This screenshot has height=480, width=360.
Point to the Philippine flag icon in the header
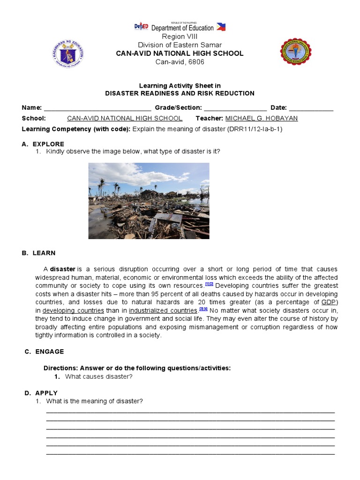coord(221,27)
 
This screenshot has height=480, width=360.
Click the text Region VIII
coord(180,37)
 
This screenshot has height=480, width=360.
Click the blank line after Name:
coord(97,108)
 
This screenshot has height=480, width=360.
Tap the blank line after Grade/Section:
coord(235,108)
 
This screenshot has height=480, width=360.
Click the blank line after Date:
coord(311,108)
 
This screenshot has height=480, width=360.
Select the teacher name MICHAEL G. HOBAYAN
coord(262,118)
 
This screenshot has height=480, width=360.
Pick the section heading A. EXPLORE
coord(43,144)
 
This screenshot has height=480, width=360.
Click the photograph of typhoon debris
coord(149,201)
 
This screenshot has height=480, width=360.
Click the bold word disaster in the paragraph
coord(63,269)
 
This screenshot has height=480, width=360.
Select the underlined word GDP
coord(329,302)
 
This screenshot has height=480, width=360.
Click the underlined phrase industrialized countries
coord(163,310)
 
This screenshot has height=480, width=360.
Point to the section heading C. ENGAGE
coord(44,352)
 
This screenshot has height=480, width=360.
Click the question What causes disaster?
coord(99,376)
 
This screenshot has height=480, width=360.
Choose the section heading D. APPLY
coord(41,393)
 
